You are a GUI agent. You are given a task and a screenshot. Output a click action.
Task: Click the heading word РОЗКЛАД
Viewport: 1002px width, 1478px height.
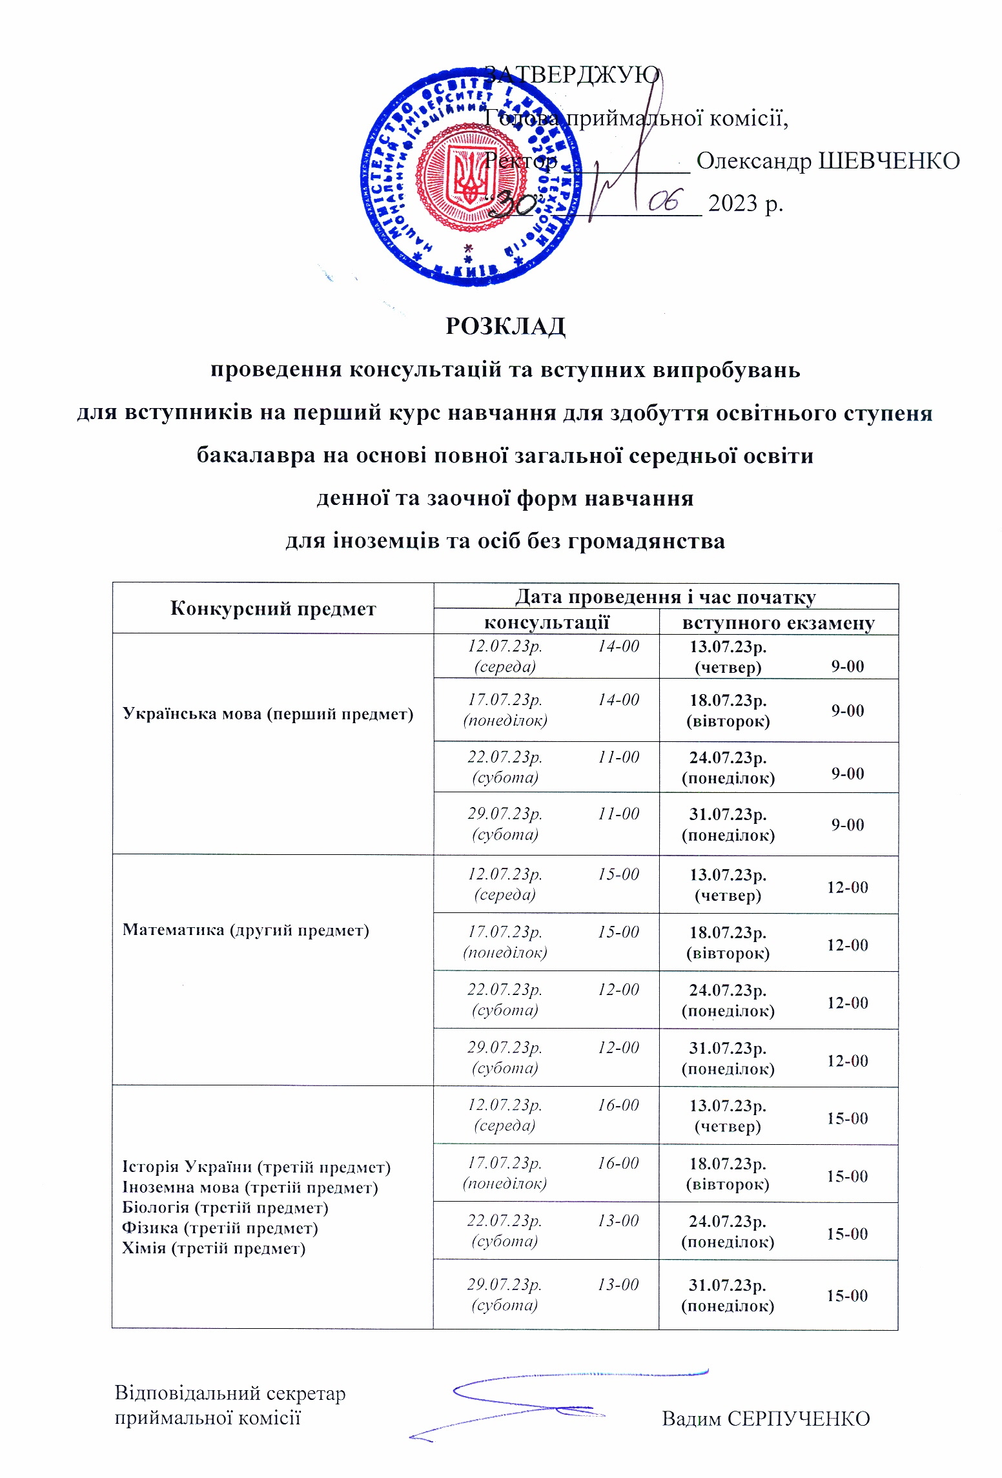coord(505,326)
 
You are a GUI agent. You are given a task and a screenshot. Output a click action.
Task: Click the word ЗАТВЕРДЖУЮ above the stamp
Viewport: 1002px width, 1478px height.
coord(572,75)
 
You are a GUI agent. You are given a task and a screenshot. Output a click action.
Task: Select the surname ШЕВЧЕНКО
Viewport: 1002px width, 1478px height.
coord(888,161)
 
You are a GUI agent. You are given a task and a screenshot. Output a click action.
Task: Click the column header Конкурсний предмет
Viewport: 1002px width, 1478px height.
coord(272,608)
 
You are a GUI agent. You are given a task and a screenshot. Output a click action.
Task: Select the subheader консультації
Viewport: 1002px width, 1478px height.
coord(546,622)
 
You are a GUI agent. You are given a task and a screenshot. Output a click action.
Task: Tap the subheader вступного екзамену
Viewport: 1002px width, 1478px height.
coord(778,623)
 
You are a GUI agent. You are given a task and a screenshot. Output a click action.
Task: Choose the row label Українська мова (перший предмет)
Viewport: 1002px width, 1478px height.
coord(268,713)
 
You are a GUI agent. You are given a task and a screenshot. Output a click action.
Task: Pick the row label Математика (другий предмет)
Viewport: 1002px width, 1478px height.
coord(245,930)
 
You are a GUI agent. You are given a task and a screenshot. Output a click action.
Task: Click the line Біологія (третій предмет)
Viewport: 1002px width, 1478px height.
coord(225,1207)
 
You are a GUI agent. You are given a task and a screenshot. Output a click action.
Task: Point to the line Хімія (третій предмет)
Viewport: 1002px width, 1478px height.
coord(213,1248)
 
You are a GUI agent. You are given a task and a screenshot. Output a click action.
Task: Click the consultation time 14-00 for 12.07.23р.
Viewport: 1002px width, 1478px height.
coord(618,646)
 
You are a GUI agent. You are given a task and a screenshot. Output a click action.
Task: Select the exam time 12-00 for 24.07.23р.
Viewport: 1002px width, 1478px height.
coord(847,1003)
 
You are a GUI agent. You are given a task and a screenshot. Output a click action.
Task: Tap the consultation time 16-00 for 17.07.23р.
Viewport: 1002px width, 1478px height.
coord(618,1163)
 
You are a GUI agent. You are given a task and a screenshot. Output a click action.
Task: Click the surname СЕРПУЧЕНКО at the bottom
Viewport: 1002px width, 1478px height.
coord(798,1419)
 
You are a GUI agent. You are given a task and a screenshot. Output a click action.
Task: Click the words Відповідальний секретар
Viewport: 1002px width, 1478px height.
coord(230,1393)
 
